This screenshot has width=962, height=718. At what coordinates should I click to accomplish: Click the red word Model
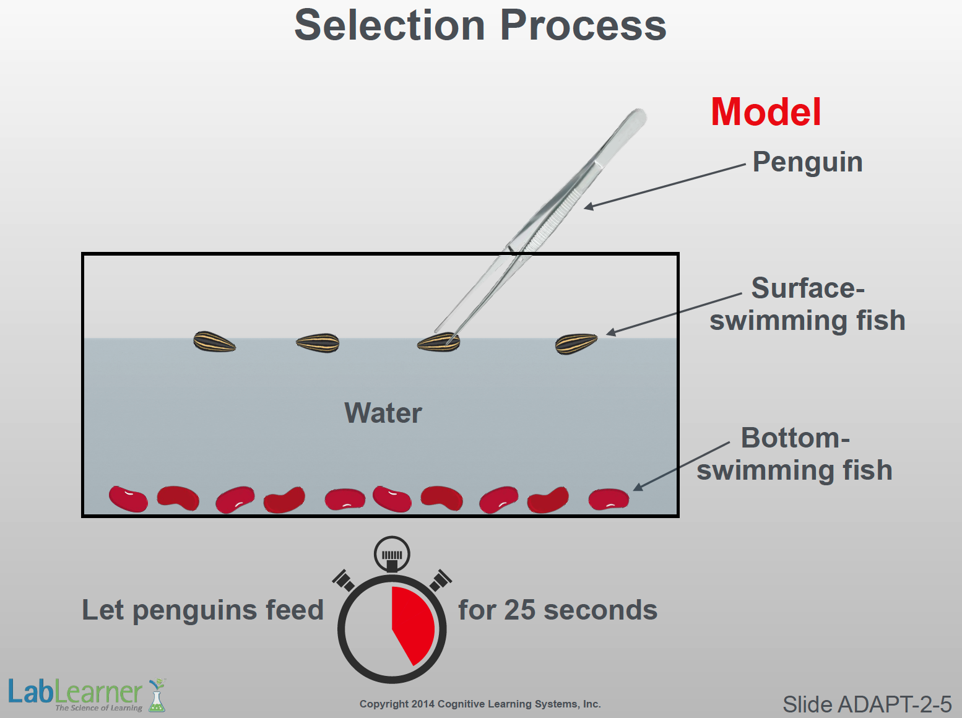click(766, 112)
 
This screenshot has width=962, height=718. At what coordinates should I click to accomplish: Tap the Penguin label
click(807, 162)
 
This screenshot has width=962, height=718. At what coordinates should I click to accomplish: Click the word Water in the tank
click(383, 413)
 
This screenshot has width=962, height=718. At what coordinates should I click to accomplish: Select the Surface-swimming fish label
click(807, 305)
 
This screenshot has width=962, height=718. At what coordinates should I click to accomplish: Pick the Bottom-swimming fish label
click(795, 454)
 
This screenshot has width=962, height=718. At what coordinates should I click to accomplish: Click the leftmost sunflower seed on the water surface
click(214, 342)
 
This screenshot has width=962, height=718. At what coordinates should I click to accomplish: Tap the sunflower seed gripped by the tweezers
click(438, 342)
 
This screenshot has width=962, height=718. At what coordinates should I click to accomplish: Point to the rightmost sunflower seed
click(576, 344)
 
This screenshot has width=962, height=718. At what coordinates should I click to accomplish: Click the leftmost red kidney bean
click(128, 499)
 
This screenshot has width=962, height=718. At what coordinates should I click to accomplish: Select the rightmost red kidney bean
click(609, 499)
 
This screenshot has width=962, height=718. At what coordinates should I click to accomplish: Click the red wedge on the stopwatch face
click(412, 622)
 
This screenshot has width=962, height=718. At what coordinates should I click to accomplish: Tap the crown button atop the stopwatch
click(392, 553)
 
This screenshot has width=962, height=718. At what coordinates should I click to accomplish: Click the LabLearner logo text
click(74, 692)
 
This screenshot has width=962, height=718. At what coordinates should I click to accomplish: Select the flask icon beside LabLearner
click(157, 696)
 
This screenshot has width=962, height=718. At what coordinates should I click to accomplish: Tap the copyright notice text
click(480, 704)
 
